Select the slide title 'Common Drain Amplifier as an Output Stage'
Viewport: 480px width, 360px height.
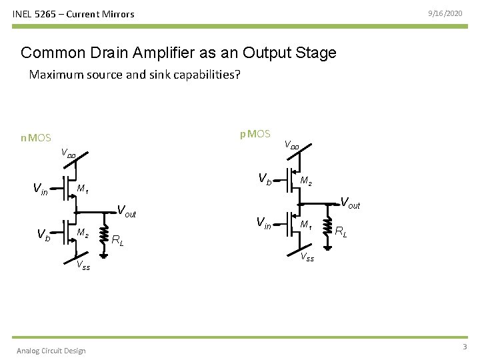click(x=179, y=53)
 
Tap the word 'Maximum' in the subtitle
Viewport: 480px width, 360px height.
click(x=53, y=75)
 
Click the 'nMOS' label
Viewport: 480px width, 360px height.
click(x=35, y=138)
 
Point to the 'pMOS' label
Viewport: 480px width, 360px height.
click(x=255, y=134)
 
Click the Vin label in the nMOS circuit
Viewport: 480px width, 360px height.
click(x=40, y=189)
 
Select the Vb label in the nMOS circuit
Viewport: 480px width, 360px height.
click(x=43, y=235)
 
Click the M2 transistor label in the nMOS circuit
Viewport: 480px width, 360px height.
click(x=83, y=233)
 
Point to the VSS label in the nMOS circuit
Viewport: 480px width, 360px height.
click(x=83, y=266)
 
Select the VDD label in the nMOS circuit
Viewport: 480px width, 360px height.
click(x=68, y=153)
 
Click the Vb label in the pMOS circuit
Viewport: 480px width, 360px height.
click(x=265, y=179)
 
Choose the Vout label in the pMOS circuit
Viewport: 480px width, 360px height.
click(x=350, y=203)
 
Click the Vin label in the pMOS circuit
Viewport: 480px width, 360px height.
click(x=265, y=223)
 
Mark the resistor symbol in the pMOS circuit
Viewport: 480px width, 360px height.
click(x=327, y=225)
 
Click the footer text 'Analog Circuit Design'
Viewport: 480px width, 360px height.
click(x=51, y=351)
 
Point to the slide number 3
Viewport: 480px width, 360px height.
click(x=464, y=347)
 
